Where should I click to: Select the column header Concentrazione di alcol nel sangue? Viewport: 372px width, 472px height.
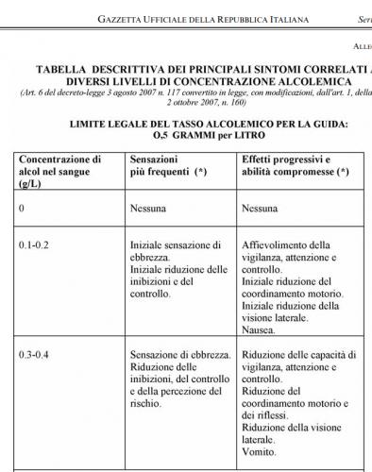coord(59,173)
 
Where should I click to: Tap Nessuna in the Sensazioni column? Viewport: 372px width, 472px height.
coord(150,208)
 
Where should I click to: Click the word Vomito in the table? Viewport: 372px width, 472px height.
coord(260,452)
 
